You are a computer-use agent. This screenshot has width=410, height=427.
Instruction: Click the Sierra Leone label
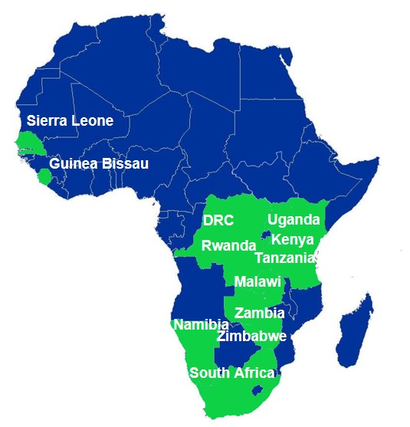tap(70, 120)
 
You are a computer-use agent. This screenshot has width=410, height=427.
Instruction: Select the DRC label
tap(218, 220)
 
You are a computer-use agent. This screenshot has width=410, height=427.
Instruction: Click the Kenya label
tap(292, 239)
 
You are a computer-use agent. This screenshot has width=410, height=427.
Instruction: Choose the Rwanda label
tap(228, 245)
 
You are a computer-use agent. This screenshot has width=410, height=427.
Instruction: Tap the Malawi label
tap(257, 281)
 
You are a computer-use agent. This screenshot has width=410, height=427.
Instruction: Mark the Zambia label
tap(260, 313)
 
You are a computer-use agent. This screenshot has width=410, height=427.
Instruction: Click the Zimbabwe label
tap(251, 336)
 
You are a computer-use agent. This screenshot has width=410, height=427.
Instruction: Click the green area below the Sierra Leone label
tap(31, 143)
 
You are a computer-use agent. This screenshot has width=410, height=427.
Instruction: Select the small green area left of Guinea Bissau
tap(44, 177)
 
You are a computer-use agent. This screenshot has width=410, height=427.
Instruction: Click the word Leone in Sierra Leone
tap(94, 120)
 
